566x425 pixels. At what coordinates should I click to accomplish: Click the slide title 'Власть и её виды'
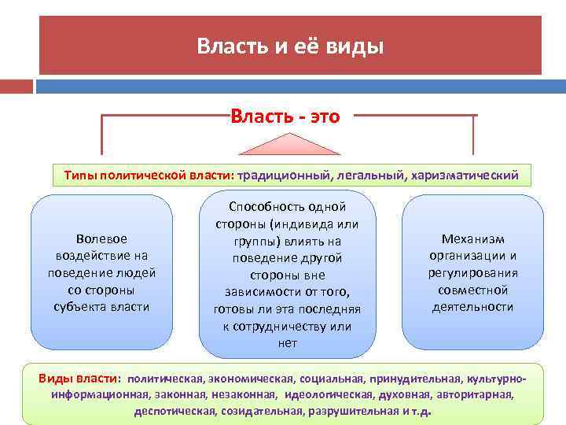point(290,46)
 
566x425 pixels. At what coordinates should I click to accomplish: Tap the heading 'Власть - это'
point(285,117)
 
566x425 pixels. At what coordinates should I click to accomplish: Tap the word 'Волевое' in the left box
point(102,238)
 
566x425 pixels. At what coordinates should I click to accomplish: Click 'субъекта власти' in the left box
point(102,306)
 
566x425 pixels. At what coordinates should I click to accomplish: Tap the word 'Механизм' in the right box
point(473,238)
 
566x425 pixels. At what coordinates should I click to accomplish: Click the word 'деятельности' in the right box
point(473,306)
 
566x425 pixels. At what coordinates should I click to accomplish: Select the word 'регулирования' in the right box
point(473,272)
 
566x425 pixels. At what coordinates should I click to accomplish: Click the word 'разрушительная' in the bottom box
point(354,411)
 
